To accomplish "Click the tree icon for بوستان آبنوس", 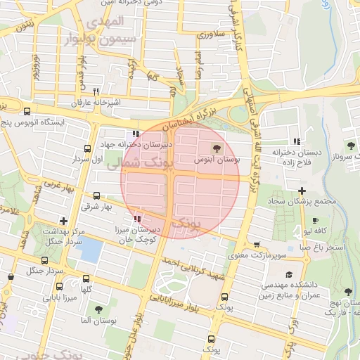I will pyautogui.click(x=216, y=148).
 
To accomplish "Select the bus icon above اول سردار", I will pyautogui.click(x=87, y=149).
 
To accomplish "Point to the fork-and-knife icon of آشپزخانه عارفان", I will pyautogui.click(x=96, y=91).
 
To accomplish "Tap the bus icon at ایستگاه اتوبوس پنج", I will pyautogui.click(x=27, y=111).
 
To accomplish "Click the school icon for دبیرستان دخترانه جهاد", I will pyautogui.click(x=135, y=134).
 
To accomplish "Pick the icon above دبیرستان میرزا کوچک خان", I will pyautogui.click(x=137, y=219).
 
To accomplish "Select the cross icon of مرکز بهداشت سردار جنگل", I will pyautogui.click(x=64, y=221).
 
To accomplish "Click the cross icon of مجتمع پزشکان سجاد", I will pyautogui.click(x=302, y=191).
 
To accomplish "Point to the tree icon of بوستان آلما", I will pyautogui.click(x=97, y=309).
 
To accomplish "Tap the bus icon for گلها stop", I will pyautogui.click(x=86, y=279).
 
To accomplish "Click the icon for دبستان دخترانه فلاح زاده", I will pyautogui.click(x=296, y=141).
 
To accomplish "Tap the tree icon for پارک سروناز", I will pyautogui.click(x=347, y=146).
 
